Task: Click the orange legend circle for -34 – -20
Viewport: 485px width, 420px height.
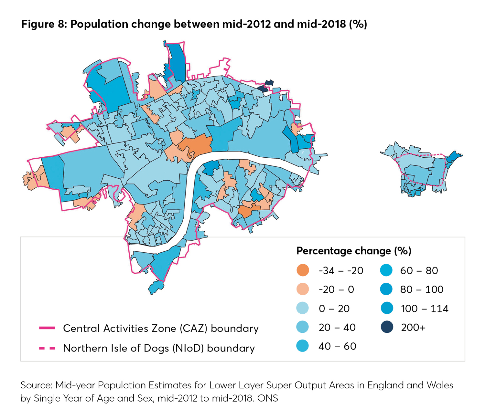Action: [303, 270]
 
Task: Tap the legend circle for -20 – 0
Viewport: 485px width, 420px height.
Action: [303, 289]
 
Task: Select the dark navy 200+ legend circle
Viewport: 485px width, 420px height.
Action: [387, 327]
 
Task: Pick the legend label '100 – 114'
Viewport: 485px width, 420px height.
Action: [424, 309]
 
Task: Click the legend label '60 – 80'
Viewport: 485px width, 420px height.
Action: [419, 270]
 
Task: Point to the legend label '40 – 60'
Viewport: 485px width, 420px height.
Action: [337, 346]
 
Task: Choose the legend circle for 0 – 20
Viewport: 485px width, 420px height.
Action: [303, 308]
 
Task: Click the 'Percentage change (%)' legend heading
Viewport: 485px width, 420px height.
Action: [354, 251]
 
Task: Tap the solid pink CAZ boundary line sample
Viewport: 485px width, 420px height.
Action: [47, 328]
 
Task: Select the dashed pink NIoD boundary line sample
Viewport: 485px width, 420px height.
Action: [47, 348]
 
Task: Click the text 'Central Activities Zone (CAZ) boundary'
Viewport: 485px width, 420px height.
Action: [161, 328]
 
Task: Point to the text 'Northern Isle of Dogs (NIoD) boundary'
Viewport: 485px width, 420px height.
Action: [159, 348]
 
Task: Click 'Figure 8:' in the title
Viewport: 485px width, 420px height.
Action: [44, 24]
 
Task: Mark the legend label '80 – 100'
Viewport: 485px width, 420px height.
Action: [422, 289]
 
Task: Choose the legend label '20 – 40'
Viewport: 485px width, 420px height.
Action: [337, 327]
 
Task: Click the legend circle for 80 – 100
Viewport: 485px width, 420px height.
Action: [387, 289]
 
